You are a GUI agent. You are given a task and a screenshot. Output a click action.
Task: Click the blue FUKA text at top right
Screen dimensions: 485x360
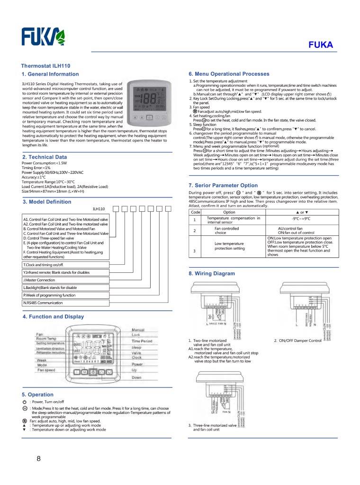click(x=321, y=45)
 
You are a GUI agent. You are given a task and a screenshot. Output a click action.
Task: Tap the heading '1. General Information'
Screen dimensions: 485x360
click(x=51, y=74)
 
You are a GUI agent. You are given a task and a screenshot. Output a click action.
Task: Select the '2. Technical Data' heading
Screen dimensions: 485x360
click(x=45, y=157)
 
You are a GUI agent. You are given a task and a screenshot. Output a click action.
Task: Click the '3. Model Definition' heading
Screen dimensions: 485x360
click(x=47, y=202)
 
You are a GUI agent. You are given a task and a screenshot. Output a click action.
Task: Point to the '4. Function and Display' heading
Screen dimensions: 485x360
click(x=53, y=316)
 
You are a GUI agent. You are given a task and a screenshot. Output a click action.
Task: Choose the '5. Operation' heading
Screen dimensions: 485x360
click(x=38, y=394)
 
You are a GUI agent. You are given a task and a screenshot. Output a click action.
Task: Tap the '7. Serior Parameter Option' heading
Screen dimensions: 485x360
click(x=223, y=185)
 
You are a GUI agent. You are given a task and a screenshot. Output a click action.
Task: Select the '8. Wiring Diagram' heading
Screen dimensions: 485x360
click(x=212, y=274)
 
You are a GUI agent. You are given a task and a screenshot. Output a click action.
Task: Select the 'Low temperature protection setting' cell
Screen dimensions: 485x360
click(x=230, y=246)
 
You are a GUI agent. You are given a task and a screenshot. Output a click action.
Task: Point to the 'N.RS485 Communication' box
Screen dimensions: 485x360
click(x=65, y=302)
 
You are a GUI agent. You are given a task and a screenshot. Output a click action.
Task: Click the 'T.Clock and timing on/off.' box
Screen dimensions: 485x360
click(x=65, y=264)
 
